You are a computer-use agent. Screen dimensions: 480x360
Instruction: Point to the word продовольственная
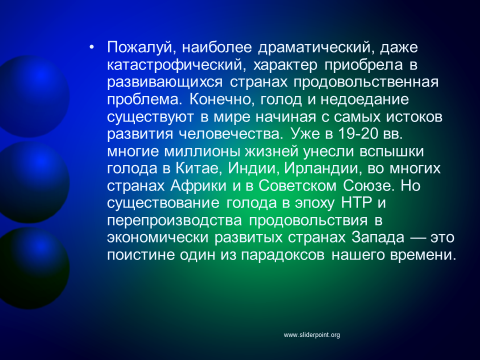(x=366, y=82)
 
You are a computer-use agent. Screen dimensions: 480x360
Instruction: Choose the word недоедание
(x=364, y=99)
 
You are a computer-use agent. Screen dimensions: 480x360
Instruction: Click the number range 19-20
(x=358, y=134)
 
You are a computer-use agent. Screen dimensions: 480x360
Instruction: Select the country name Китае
(x=198, y=168)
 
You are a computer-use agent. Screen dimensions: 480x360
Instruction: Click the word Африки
(x=198, y=186)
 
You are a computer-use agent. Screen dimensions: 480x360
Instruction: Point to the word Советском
(x=297, y=186)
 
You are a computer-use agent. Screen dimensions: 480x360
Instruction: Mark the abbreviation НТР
(x=356, y=203)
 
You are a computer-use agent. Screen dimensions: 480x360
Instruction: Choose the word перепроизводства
(x=174, y=220)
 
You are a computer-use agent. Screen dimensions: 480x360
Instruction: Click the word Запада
(x=378, y=237)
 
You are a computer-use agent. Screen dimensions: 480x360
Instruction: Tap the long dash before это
(x=417, y=238)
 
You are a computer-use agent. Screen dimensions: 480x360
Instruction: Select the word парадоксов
(x=283, y=255)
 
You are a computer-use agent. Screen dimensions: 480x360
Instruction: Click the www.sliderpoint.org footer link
(x=311, y=335)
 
